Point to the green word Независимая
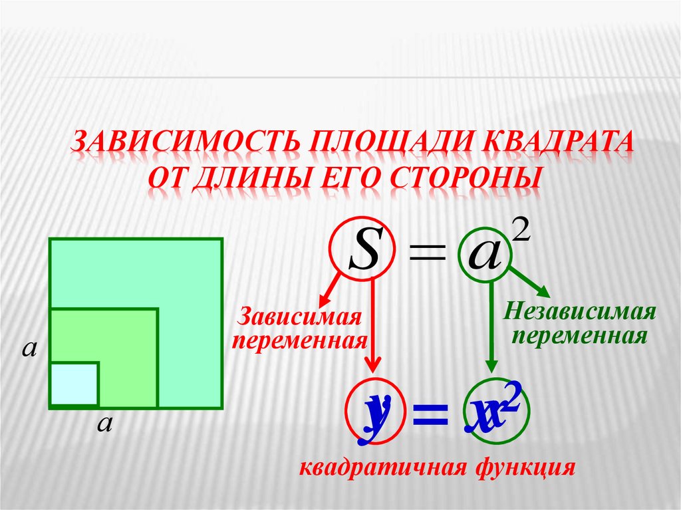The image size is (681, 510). [580, 311]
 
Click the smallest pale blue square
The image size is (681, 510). [74, 384]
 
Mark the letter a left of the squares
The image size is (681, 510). [29, 347]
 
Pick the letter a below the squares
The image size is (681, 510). [103, 424]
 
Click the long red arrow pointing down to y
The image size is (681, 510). [374, 326]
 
